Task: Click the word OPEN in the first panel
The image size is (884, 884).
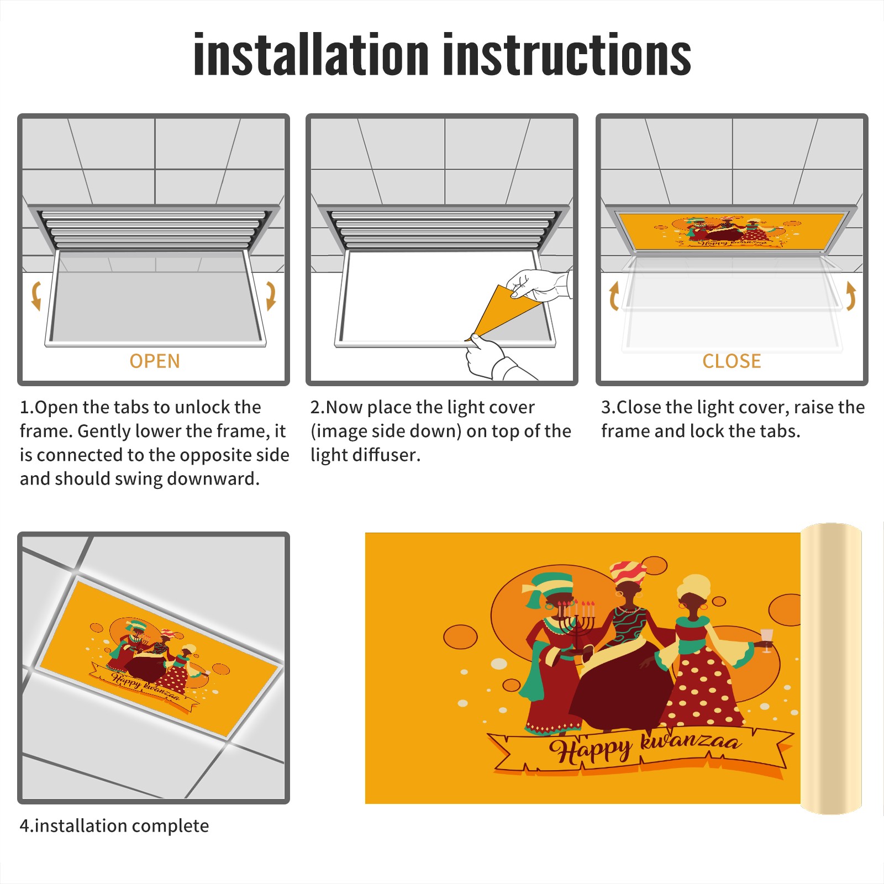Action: coord(155,361)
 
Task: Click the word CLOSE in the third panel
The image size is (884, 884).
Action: coord(732,361)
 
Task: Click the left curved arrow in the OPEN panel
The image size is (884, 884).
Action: coord(36,296)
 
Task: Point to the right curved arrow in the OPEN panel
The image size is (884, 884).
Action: coord(271,296)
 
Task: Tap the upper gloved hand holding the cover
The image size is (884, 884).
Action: coord(539,285)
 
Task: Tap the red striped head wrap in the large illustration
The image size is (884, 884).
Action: coord(628,573)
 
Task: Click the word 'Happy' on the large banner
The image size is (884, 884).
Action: coord(590,751)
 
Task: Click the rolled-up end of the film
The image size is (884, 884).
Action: coord(831,669)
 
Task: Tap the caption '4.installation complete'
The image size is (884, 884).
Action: coord(114,826)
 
